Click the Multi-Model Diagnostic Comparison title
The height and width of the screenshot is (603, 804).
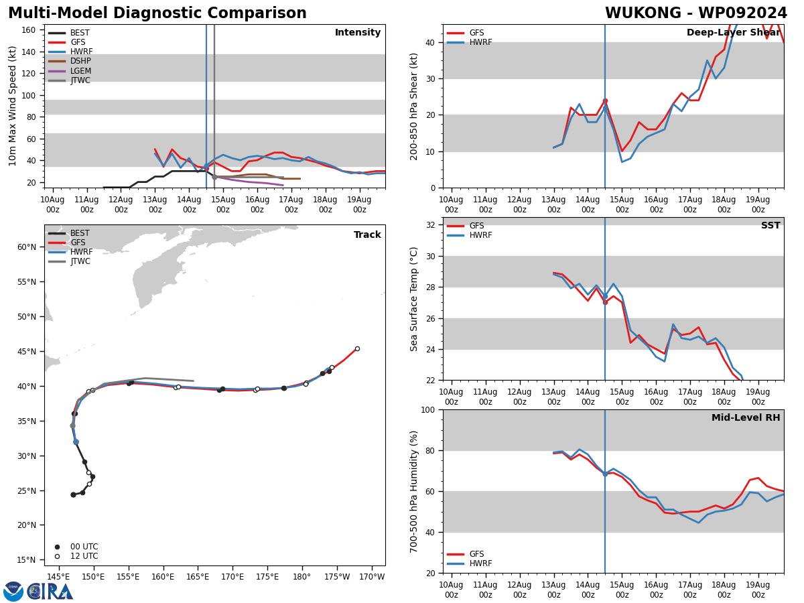tap(157, 13)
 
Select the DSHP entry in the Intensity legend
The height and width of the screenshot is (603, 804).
tap(81, 62)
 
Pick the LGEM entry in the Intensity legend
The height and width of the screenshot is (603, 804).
tap(81, 71)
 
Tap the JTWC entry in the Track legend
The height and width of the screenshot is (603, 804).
tap(81, 261)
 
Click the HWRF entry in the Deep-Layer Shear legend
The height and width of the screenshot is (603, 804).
tap(480, 42)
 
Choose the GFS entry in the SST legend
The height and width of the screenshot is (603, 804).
tap(476, 226)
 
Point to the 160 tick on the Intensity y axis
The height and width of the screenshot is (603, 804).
tap(29, 30)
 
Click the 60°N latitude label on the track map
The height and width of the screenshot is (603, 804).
tap(27, 247)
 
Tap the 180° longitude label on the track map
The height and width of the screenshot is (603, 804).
tap(301, 577)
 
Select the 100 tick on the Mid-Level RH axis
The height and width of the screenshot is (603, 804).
tap(426, 409)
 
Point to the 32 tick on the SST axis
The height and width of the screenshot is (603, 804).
tap(429, 225)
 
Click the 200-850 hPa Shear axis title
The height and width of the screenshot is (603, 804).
tap(414, 106)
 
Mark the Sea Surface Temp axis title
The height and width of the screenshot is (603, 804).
tap(414, 299)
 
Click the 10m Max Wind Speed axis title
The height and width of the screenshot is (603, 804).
tap(13, 106)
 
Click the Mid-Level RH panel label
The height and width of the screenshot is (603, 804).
tap(746, 418)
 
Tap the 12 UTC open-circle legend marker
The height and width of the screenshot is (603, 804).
tap(57, 556)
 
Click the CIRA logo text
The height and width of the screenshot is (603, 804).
tap(50, 592)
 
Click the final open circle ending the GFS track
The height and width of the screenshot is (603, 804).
tap(357, 348)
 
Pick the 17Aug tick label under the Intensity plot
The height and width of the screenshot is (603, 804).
tap(291, 204)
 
